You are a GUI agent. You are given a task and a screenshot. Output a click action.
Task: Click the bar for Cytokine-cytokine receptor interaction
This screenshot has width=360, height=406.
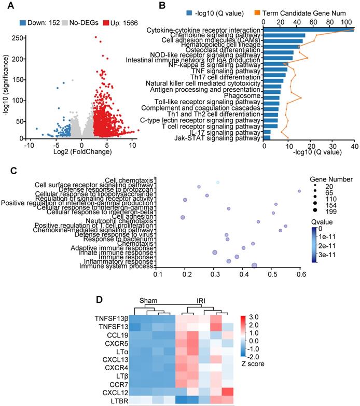(x=309, y=30)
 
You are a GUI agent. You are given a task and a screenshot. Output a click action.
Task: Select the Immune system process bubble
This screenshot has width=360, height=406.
(x=254, y=265)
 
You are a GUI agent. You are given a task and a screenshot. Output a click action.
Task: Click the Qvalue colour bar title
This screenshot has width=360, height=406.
(x=320, y=220)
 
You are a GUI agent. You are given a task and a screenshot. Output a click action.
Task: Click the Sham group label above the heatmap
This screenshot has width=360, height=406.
(x=149, y=300)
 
